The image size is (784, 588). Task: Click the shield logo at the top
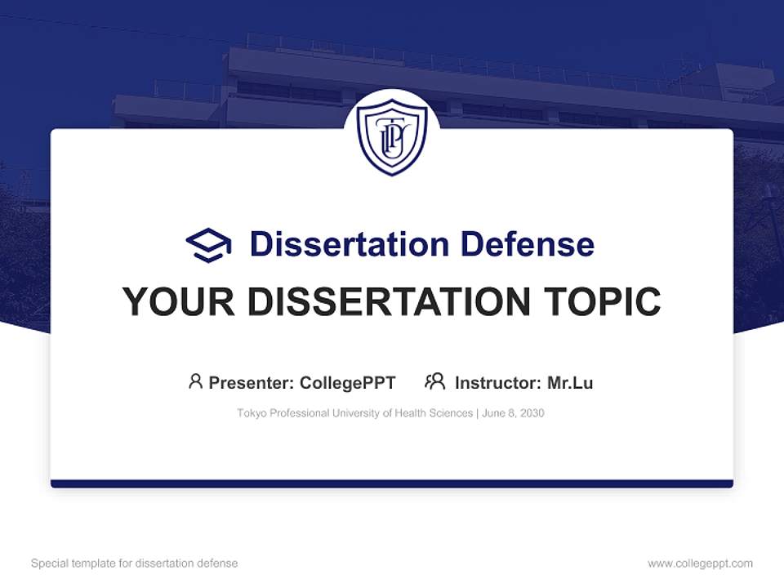pos(392,136)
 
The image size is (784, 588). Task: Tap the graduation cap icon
pos(208,245)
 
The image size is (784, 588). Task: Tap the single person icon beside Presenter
pos(195,381)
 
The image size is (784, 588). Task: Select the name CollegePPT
pos(348,383)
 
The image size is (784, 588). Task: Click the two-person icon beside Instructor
pos(435,381)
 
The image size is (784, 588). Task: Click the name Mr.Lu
pos(570,383)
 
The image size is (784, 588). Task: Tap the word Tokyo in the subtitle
pos(251,414)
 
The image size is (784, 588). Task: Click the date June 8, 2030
pos(514,414)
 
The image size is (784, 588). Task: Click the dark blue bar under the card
pos(392,483)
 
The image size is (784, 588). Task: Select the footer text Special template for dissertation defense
pos(135,563)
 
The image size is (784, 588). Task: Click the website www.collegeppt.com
pos(700,563)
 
